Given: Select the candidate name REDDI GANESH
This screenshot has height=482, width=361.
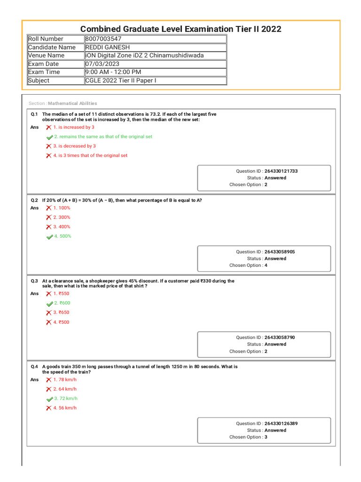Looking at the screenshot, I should (108, 47).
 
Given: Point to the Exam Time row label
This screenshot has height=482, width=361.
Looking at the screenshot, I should (44, 72).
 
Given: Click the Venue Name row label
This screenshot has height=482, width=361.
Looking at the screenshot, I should (46, 56).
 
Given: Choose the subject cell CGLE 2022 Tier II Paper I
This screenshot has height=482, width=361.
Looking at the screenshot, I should (121, 80).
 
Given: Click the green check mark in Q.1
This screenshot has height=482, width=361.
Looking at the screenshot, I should (49, 137).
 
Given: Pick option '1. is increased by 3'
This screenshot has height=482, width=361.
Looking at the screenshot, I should (74, 127).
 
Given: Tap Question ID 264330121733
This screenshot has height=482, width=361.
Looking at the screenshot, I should (281, 171).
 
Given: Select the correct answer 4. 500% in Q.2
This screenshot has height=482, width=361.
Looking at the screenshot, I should (63, 236).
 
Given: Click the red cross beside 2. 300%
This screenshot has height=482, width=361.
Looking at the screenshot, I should (49, 217).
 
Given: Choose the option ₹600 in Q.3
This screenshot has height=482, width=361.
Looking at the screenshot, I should (62, 303).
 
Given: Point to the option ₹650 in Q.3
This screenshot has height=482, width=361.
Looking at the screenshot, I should (62, 313).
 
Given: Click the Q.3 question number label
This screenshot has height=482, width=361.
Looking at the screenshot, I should (34, 281).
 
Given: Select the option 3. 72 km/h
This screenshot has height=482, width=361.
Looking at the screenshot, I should (65, 398).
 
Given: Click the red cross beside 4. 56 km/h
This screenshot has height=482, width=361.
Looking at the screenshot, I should (49, 408).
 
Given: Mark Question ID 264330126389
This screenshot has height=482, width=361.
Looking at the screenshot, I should (281, 424).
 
